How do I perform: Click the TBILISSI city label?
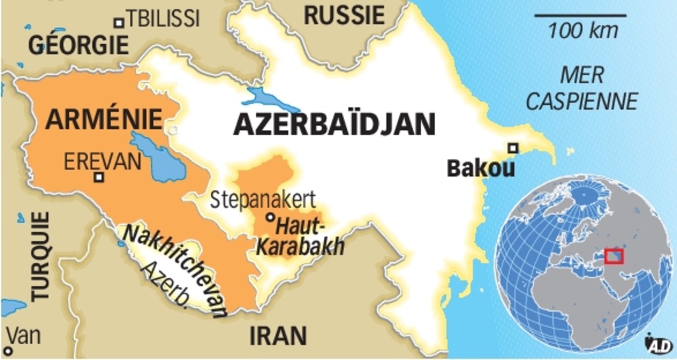tap(163, 19)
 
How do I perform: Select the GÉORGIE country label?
tap(78, 45)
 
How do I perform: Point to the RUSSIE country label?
tap(343, 14)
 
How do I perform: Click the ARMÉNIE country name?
tap(105, 120)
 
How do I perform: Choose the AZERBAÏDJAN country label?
tap(335, 124)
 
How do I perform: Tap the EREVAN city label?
tap(103, 160)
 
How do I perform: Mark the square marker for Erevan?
tap(99, 177)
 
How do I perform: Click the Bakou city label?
tap(481, 168)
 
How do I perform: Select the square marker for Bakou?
tap(513, 148)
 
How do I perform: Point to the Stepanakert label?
tap(263, 199)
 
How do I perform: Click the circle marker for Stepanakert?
tap(270, 217)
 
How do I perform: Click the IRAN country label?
tap(278, 336)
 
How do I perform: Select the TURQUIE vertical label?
tap(41, 257)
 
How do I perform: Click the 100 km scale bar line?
tap(579, 14)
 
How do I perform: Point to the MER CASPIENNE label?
tap(581, 88)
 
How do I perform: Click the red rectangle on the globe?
tap(613, 255)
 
